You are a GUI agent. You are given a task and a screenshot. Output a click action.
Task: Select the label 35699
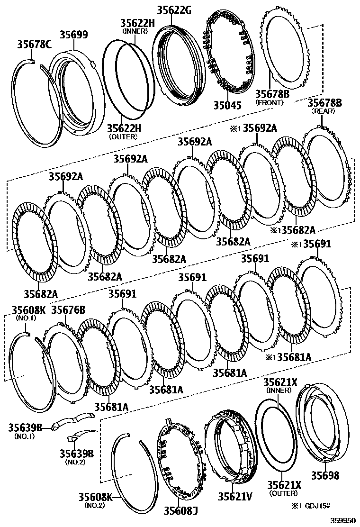(73, 35)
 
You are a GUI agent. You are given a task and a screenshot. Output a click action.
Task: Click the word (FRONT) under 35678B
(269, 102)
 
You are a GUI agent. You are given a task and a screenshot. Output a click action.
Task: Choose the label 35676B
(68, 310)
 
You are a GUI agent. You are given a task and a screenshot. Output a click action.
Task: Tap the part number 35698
(325, 475)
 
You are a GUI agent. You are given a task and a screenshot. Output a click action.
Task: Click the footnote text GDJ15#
(336, 506)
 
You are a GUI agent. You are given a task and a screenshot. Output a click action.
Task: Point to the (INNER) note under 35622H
(135, 31)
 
